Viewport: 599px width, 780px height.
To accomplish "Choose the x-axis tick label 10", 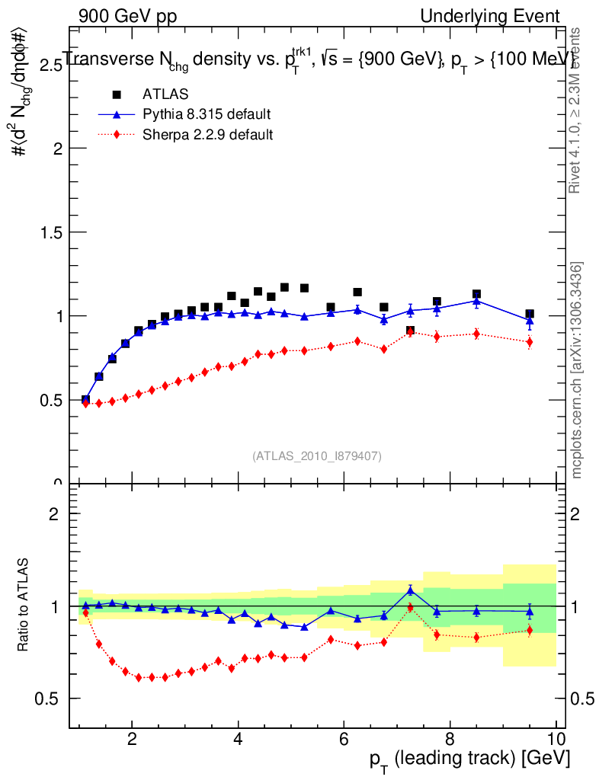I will click(x=556, y=740).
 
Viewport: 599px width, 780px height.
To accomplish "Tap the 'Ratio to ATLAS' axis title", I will click(x=25, y=606).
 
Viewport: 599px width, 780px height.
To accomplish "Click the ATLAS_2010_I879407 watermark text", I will click(x=317, y=456).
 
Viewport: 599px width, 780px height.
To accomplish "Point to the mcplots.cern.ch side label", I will click(x=577, y=370).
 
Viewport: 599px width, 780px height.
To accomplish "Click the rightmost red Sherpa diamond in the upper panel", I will click(x=530, y=342).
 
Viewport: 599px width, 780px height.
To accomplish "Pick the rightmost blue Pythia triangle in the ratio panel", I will click(x=530, y=611).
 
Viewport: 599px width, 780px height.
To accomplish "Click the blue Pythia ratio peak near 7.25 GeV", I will click(x=410, y=590).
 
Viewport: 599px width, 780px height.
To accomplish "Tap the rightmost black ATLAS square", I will click(x=530, y=314).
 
